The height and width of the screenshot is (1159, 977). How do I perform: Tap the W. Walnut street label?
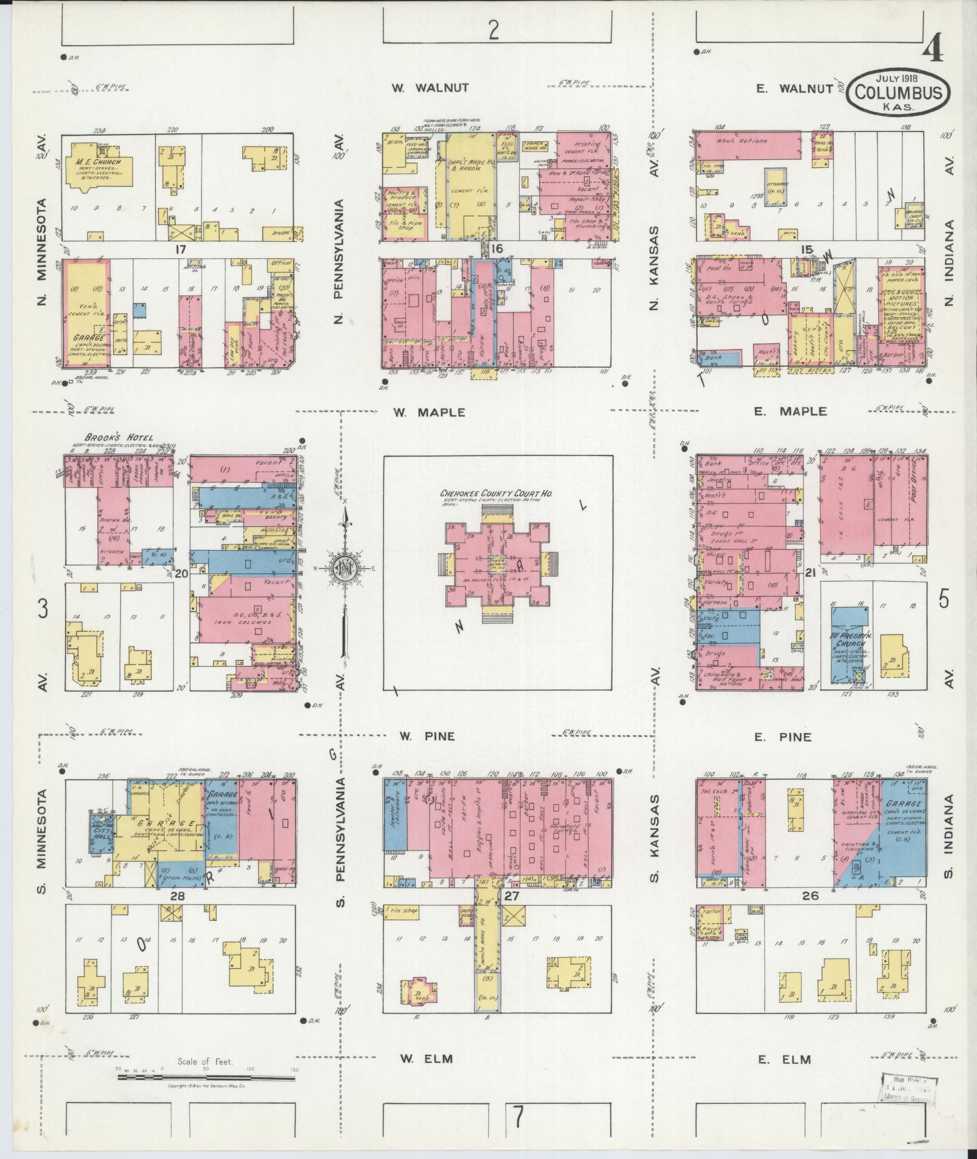coord(429,88)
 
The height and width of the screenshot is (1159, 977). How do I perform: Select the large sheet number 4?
coord(932,48)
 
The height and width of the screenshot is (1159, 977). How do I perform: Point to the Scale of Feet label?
coord(205,1061)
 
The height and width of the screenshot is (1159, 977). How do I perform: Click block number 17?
coord(179,249)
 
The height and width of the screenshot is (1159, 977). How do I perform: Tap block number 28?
coord(177,896)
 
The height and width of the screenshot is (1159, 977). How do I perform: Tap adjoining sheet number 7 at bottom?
coord(518,1117)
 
